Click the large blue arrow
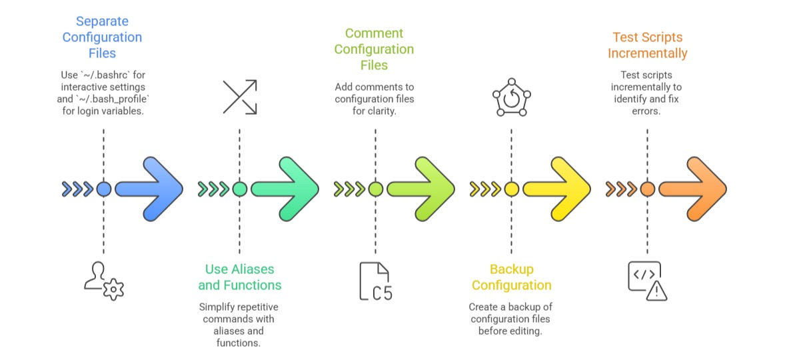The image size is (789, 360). click(149, 189)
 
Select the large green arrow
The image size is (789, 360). click(285, 189)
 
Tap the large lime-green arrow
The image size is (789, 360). click(421, 189)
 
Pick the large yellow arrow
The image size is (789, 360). click(557, 189)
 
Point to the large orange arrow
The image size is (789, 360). click(693, 189)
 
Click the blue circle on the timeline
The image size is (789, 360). click(103, 189)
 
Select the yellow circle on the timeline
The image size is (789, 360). click(511, 189)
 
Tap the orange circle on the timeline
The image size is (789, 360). click(647, 189)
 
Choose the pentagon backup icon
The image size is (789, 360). click(511, 98)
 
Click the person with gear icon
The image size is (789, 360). click(104, 280)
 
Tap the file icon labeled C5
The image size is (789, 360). click(375, 281)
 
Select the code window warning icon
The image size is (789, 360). click(647, 280)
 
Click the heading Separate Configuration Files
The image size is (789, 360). click(102, 37)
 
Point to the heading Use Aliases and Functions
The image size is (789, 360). click(239, 277)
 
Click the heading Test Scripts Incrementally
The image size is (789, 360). click(647, 45)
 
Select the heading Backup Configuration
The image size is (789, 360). click(511, 277)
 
